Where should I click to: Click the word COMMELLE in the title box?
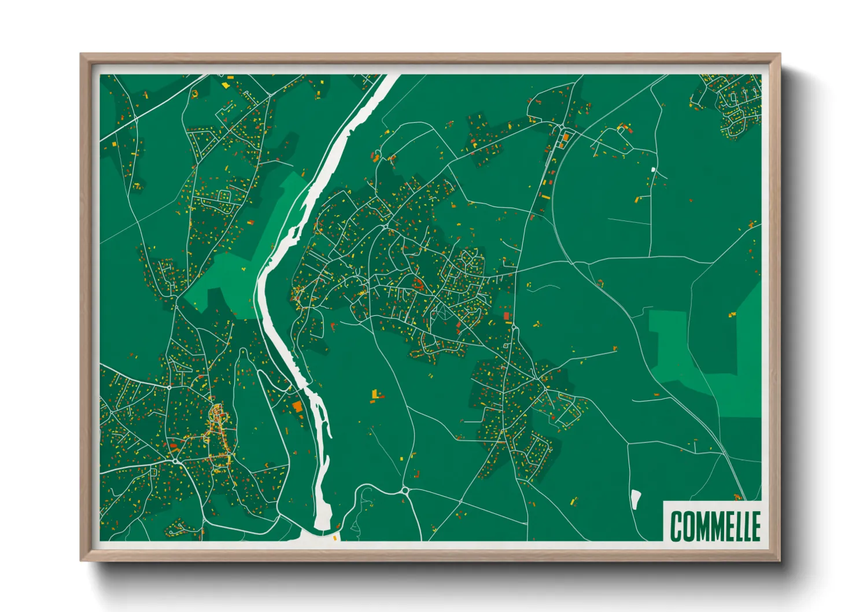click(715, 526)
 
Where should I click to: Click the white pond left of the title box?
click(636, 499)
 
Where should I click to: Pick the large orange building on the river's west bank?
click(298, 407)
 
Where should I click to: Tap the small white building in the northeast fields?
click(654, 169)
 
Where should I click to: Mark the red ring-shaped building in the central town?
click(417, 283)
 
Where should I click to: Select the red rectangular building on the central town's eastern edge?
click(508, 316)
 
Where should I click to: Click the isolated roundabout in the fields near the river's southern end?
click(404, 491)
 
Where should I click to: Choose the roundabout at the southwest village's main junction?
click(175, 461)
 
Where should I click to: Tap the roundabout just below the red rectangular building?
click(513, 329)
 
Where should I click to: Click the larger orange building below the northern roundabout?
click(566, 137)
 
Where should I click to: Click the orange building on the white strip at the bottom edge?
click(335, 538)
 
